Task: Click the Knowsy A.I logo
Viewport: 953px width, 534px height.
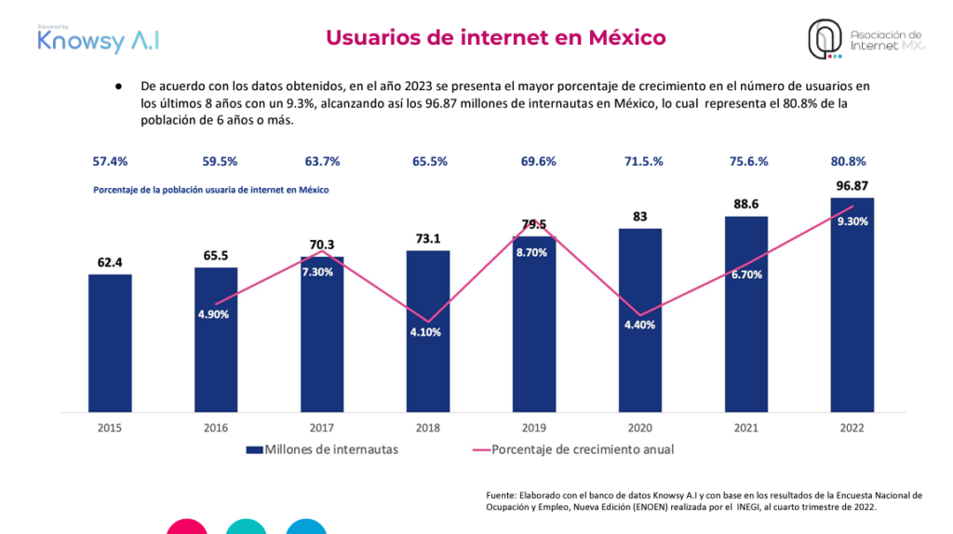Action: pyautogui.click(x=98, y=39)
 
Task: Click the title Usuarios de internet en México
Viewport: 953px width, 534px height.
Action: pyautogui.click(x=495, y=37)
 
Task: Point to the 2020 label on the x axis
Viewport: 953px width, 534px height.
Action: pyautogui.click(x=639, y=428)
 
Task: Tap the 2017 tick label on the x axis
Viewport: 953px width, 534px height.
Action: pyautogui.click(x=322, y=428)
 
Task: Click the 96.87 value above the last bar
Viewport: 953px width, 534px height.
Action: pyautogui.click(x=852, y=186)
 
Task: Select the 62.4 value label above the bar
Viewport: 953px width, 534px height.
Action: pyautogui.click(x=110, y=262)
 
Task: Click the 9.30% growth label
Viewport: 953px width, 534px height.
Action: pyautogui.click(x=852, y=221)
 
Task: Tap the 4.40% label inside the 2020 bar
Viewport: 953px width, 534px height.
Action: pyautogui.click(x=639, y=325)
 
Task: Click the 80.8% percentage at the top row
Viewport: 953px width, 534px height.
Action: pyautogui.click(x=852, y=161)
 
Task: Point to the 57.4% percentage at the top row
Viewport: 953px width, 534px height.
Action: pyautogui.click(x=110, y=161)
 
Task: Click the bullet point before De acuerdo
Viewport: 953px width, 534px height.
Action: pyautogui.click(x=119, y=86)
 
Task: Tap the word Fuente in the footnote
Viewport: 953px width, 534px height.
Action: pyautogui.click(x=503, y=494)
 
